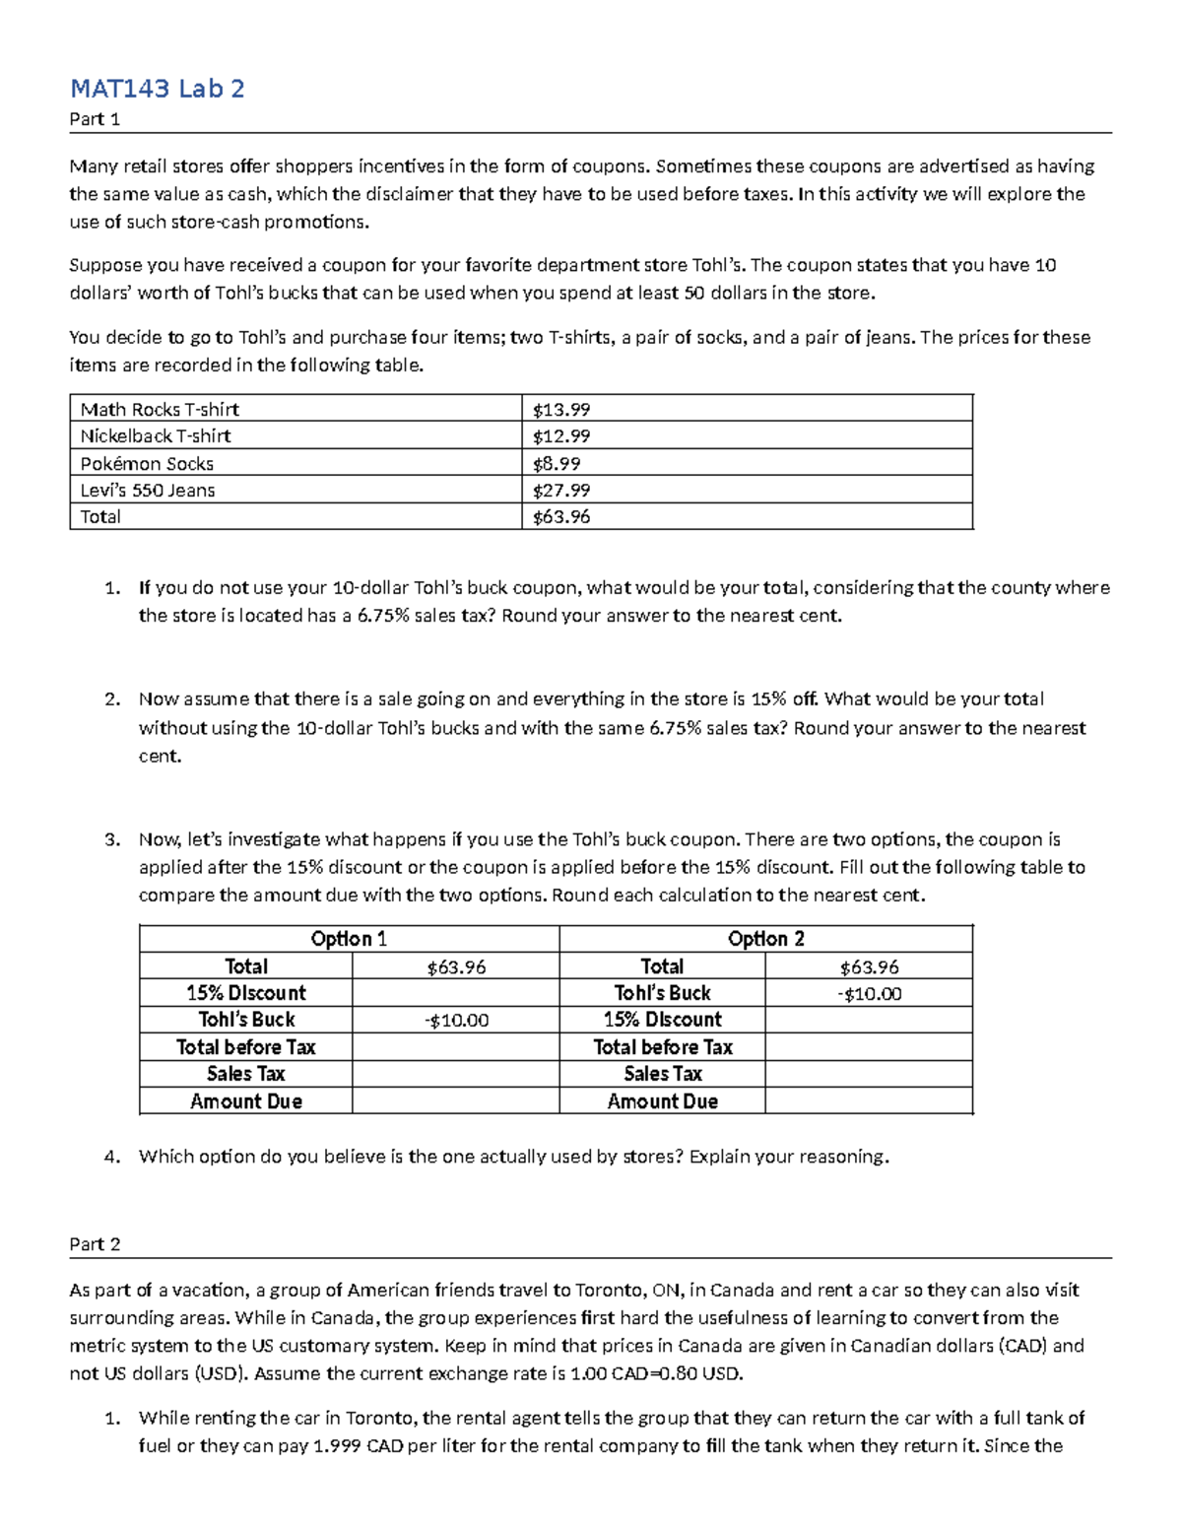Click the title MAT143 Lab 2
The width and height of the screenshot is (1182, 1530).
point(157,89)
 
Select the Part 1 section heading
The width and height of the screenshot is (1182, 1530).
point(95,120)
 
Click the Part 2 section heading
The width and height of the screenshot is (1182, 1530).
point(95,1244)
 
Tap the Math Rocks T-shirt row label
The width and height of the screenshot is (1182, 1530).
point(160,409)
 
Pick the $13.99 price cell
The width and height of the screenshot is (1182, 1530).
point(561,409)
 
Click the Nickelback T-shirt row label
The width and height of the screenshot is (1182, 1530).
point(156,435)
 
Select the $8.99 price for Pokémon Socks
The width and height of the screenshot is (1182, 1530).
point(557,463)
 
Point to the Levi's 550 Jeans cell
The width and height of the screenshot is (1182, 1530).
point(148,490)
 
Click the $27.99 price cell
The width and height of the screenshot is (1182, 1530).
point(561,490)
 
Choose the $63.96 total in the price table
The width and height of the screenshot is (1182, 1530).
point(561,516)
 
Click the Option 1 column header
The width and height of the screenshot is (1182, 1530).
point(349,939)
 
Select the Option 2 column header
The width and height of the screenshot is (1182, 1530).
point(765,939)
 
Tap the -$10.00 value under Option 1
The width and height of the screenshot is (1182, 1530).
point(456,1021)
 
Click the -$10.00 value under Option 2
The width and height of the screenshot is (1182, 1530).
point(869,994)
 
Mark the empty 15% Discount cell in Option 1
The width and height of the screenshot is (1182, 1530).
point(455,993)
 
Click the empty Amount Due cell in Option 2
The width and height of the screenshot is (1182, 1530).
point(869,1101)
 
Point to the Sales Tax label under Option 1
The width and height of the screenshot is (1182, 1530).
point(245,1074)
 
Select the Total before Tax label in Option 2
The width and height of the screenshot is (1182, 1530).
point(662,1047)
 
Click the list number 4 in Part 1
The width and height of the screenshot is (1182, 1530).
point(111,1157)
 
